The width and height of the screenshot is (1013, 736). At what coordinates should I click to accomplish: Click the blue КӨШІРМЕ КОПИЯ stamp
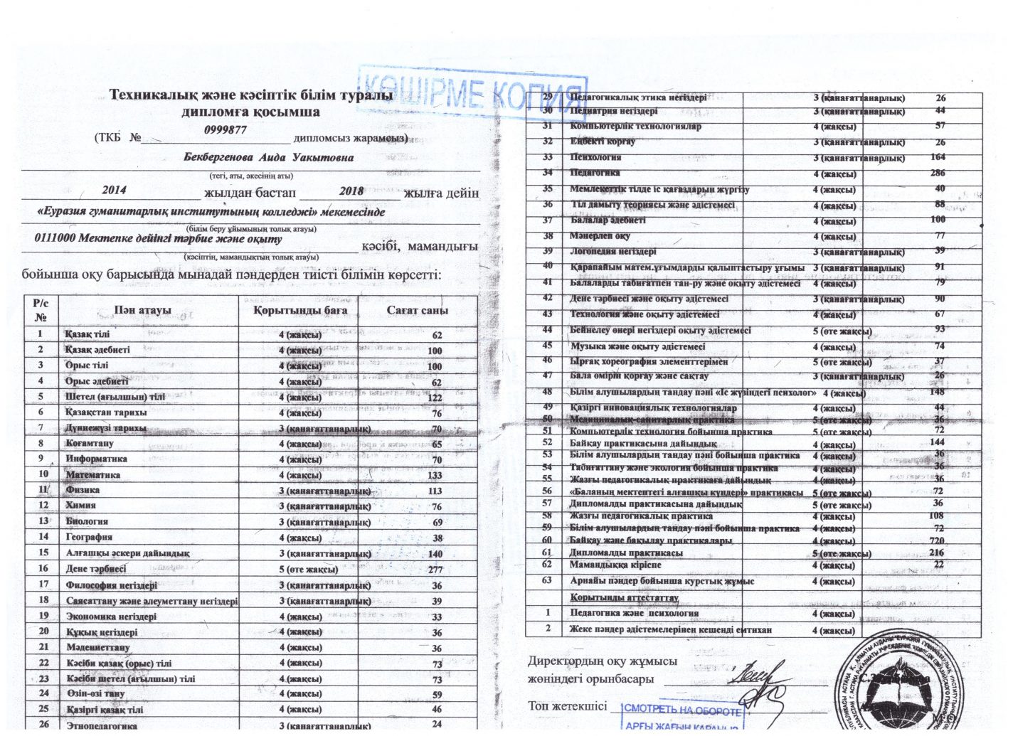(472, 93)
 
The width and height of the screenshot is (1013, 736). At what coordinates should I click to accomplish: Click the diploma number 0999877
(225, 130)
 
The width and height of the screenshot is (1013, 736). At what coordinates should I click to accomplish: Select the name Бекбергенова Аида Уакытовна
(268, 158)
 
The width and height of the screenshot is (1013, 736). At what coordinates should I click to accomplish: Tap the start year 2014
(114, 191)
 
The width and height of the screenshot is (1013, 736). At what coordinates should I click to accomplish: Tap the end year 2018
(351, 191)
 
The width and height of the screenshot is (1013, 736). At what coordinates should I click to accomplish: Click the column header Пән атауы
(143, 311)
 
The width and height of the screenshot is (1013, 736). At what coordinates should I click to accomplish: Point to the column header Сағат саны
(418, 311)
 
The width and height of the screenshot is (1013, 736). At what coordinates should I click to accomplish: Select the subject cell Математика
(93, 474)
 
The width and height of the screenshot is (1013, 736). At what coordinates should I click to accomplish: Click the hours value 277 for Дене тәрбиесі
(435, 570)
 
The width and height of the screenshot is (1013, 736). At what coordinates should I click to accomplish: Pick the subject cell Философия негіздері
(112, 585)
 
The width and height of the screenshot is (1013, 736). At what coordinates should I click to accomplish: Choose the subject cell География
(89, 537)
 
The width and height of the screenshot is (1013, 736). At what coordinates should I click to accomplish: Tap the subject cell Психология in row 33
(595, 157)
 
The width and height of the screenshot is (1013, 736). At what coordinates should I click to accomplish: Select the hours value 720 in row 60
(936, 540)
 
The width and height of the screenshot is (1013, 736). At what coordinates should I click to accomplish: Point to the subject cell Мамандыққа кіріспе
(615, 565)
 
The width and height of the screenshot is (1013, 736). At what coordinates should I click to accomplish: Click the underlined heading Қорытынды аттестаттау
(624, 598)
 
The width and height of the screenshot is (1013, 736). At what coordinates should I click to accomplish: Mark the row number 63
(547, 580)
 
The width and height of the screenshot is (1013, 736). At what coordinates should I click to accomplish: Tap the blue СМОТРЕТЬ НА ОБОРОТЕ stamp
(681, 710)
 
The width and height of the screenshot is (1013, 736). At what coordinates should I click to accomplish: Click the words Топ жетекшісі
(567, 706)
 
